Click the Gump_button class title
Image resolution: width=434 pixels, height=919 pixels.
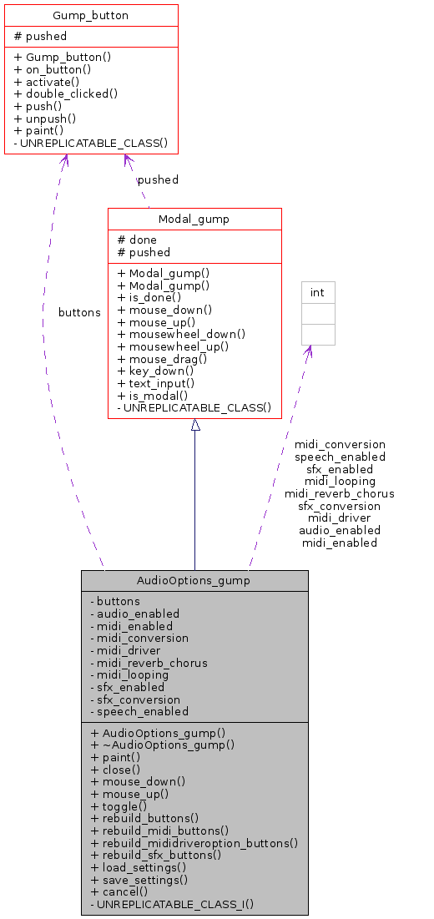pyautogui.click(x=91, y=15)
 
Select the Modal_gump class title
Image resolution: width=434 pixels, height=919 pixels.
pyautogui.click(x=194, y=219)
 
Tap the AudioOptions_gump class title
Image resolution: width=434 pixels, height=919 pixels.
pyautogui.click(x=194, y=580)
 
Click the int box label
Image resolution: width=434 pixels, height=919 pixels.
pyautogui.click(x=317, y=292)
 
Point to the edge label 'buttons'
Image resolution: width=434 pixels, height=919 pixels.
pyautogui.click(x=79, y=312)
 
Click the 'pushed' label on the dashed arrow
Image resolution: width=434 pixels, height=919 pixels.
pyautogui.click(x=158, y=179)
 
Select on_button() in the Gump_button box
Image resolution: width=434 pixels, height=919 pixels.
pyautogui.click(x=53, y=69)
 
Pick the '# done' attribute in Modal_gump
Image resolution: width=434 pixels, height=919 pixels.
pyautogui.click(x=137, y=240)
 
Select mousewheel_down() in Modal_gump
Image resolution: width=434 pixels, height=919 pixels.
pyautogui.click(x=181, y=333)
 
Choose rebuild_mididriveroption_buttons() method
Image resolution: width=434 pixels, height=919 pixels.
pyautogui.click(x=194, y=842)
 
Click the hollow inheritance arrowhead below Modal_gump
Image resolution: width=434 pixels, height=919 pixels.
pyautogui.click(x=195, y=425)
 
